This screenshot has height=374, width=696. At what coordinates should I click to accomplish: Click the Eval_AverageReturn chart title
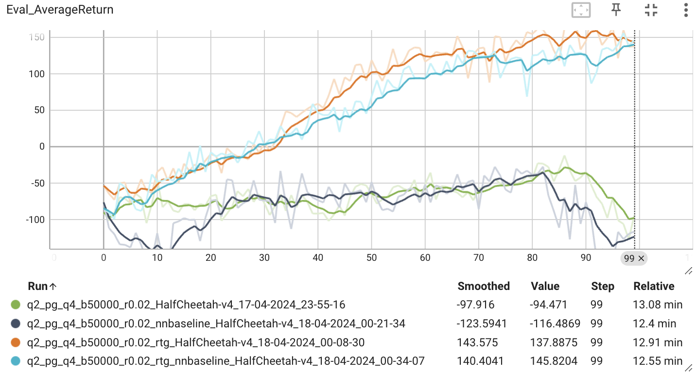coord(60,10)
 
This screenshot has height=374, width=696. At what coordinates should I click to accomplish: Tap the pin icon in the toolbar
coord(616,9)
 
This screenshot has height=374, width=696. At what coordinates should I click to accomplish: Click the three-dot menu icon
coord(685,10)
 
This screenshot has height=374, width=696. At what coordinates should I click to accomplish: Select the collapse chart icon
coord(651,10)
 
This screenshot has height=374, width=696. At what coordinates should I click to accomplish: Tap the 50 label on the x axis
coord(372,258)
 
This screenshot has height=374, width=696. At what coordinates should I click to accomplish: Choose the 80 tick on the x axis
coord(533,258)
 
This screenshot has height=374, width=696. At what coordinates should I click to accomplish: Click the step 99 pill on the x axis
coord(633,258)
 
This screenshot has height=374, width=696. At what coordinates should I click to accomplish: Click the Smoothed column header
coord(484,286)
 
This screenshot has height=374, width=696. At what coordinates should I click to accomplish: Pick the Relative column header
coord(654,286)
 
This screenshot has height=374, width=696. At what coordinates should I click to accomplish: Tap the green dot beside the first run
coord(16,305)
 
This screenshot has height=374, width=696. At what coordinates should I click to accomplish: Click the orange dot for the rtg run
coord(16,342)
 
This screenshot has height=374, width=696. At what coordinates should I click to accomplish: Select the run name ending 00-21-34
coord(216,323)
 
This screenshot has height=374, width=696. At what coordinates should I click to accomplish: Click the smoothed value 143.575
coord(478,342)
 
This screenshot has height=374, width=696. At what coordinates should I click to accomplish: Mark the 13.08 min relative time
coord(658,305)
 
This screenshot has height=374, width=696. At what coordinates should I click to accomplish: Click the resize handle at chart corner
coord(688,271)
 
